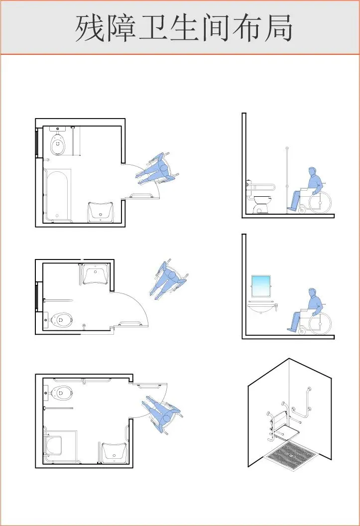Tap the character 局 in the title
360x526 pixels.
point(278,27)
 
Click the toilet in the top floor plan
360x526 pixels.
point(58,141)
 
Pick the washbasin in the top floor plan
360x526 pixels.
point(101,212)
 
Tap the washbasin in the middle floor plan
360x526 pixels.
point(95,274)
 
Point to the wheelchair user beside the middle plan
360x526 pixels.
point(169,279)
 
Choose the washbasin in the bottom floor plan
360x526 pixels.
point(115,453)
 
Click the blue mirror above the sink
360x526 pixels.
point(261,286)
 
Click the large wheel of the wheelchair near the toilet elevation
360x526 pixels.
point(320,202)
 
